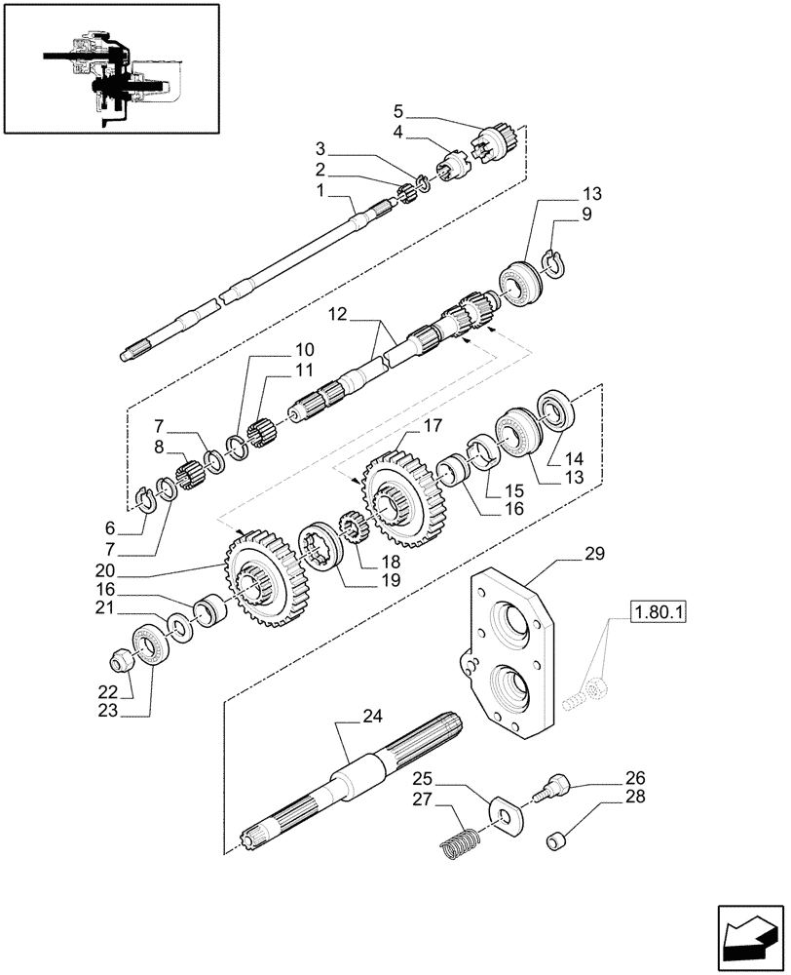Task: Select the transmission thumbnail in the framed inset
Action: coord(110,67)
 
